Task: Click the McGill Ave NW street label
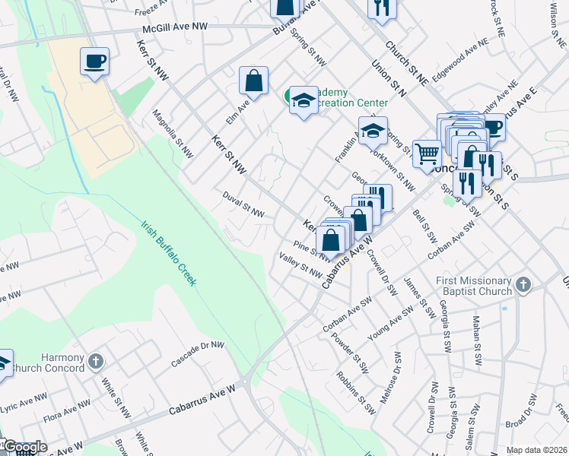pos(174,27)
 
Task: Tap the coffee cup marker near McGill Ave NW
pos(94,61)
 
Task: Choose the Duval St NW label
pos(243,198)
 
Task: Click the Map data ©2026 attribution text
pos(536,450)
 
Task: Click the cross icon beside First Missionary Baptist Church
pos(522,285)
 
